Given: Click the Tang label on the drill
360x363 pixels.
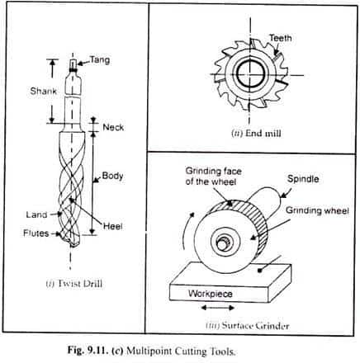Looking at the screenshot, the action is click(100, 60).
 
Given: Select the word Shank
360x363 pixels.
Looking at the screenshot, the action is click(44, 91).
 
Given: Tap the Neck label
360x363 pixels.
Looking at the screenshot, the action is click(113, 127).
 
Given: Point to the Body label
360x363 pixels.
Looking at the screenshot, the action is click(112, 176).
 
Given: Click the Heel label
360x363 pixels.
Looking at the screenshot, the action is click(113, 226).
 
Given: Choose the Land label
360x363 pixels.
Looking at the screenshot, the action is click(36, 214).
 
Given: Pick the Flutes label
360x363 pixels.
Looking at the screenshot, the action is click(36, 233).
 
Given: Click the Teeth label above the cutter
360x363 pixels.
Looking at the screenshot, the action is click(281, 38).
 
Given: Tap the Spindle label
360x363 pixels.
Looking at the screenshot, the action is click(303, 179).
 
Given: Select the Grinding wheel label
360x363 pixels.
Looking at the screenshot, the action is click(317, 210).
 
